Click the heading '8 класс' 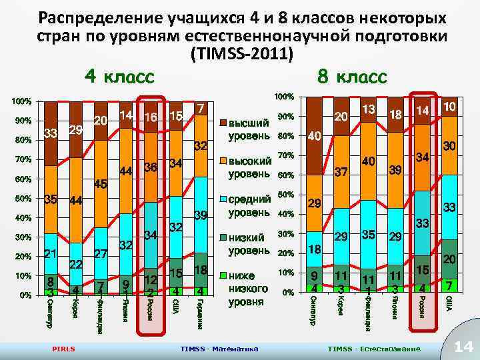[351, 76]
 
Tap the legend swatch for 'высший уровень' [223, 123]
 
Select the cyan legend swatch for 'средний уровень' [223, 199]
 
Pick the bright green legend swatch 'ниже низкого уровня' [223, 275]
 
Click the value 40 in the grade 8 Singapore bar [316, 136]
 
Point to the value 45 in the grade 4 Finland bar [101, 184]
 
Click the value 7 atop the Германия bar [201, 108]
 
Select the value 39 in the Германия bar [200, 214]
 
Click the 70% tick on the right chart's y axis [285, 155]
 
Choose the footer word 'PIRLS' [63, 349]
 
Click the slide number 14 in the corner [462, 345]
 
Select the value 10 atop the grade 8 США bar [449, 107]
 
